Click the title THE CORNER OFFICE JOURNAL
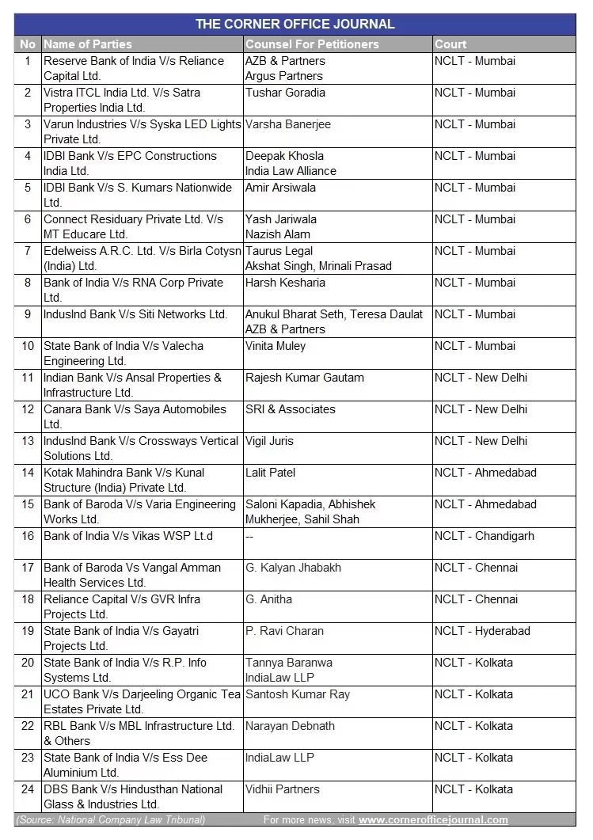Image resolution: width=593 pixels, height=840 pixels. [295, 24]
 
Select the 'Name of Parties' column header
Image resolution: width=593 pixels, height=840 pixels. [88, 44]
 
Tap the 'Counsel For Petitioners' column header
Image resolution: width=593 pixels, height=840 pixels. [312, 44]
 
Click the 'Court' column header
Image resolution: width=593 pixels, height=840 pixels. [450, 44]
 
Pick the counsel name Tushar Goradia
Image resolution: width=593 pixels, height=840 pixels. [285, 93]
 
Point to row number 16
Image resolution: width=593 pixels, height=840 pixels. [28, 536]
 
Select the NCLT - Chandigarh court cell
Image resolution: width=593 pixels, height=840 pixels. [484, 536]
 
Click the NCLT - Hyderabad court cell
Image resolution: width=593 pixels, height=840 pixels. [482, 631]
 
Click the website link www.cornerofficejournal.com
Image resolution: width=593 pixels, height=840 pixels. [433, 820]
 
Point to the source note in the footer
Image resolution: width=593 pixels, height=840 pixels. [110, 820]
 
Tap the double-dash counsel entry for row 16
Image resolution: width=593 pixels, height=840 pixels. [249, 536]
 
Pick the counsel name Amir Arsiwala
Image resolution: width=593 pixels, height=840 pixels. [280, 188]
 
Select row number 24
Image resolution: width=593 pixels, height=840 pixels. [28, 789]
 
